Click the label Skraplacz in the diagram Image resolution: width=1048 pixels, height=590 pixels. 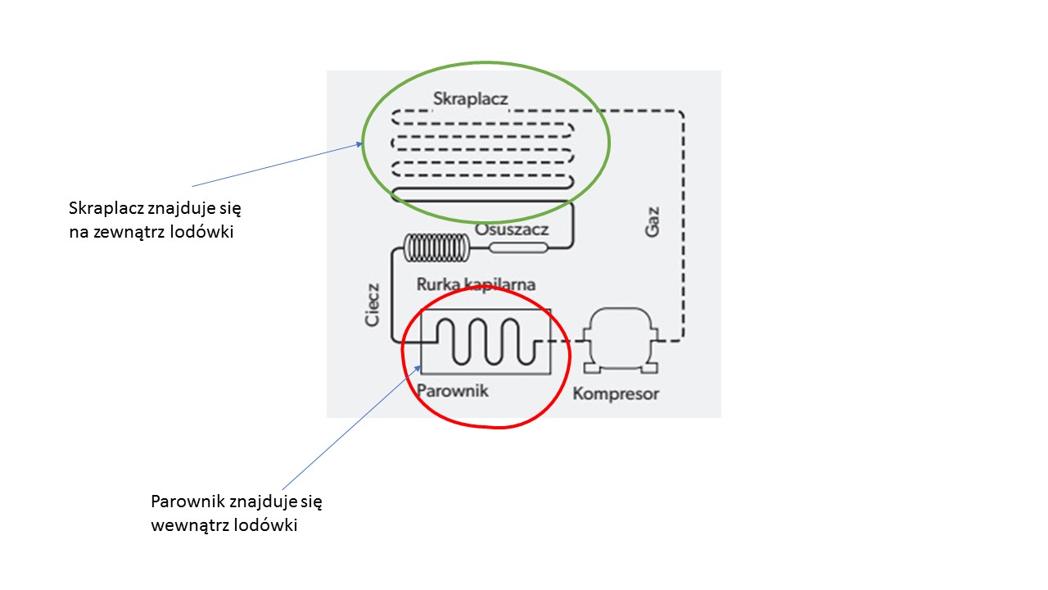(470, 99)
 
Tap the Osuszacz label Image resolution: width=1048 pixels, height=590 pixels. (512, 229)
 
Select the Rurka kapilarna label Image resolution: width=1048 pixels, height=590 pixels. (476, 284)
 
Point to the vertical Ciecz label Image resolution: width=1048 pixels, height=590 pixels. (373, 305)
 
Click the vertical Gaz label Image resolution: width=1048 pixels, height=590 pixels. (652, 221)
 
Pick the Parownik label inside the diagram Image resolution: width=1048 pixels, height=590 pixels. (453, 390)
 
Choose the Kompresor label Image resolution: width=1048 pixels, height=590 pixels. (616, 393)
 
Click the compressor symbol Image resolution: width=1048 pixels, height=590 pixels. (619, 338)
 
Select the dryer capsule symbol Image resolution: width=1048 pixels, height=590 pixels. (517, 247)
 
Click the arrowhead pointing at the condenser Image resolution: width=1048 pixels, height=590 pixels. (359, 145)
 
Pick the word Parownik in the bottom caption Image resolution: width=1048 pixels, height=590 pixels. (186, 501)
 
